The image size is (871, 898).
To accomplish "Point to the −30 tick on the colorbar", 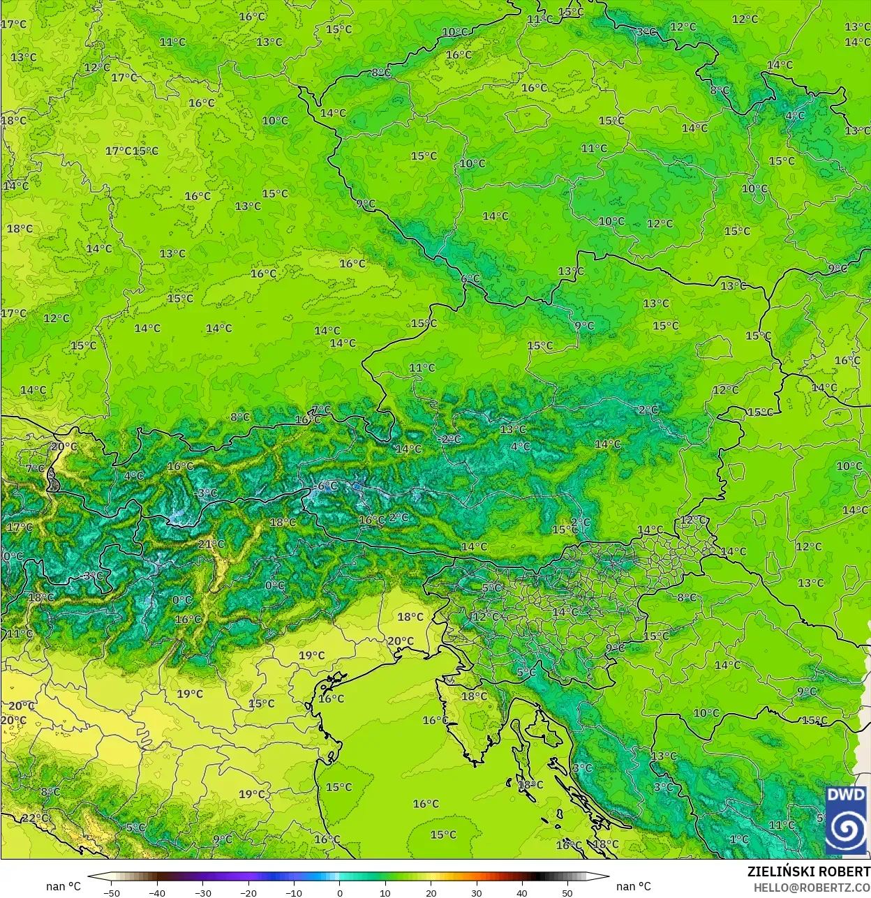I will pos(202,892).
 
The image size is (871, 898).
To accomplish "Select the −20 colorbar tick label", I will pos(248,892).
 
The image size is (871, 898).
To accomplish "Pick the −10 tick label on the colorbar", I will pos(294,892).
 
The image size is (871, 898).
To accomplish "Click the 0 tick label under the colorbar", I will pos(340,892).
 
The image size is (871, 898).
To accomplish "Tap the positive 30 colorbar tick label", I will pos(476,892).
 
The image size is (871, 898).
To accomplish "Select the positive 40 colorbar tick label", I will pos(522,892).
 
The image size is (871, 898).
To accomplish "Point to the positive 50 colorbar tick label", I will pos(567,892).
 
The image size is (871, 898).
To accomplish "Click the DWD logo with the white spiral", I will pos(846,821).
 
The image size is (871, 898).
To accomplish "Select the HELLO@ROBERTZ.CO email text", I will pos(811,887).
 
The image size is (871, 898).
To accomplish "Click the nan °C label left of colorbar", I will pos(64,886).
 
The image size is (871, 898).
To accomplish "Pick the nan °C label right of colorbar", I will pos(634,886).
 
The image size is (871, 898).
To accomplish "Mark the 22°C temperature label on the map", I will pos(35,818).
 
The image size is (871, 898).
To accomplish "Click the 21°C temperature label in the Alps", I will pos(211,544).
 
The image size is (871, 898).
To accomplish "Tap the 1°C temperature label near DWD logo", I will pos(739,839).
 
